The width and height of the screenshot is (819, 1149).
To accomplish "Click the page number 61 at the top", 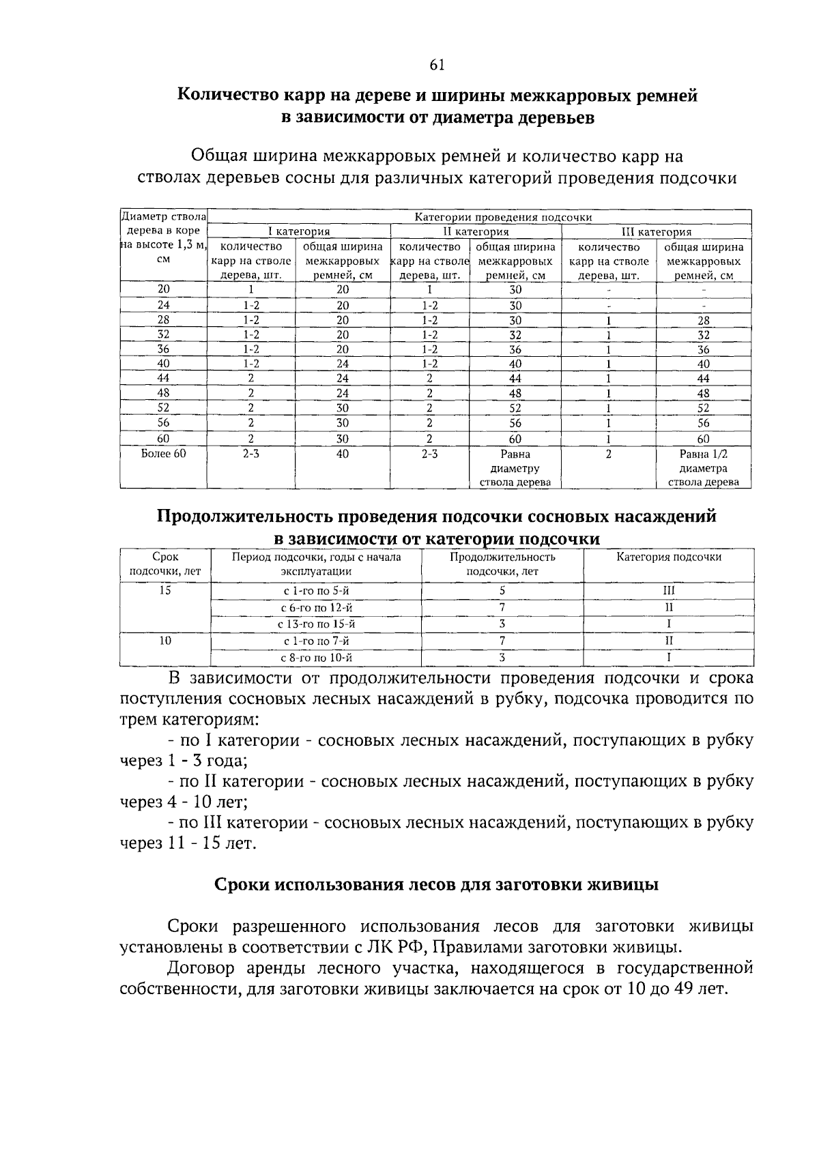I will (x=437, y=65).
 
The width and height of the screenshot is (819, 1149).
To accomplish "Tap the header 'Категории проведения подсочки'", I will (x=503, y=217).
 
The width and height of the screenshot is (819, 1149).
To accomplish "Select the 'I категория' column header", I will (x=298, y=232).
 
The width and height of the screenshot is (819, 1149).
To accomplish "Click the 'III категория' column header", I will (x=656, y=232).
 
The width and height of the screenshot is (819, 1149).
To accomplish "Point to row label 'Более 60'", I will (x=163, y=454).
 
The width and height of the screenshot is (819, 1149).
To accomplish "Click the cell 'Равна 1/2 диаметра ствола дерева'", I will (x=703, y=468).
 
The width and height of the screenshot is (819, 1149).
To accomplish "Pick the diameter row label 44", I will (x=163, y=378).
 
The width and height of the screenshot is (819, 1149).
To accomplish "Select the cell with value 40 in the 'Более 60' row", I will (x=343, y=454).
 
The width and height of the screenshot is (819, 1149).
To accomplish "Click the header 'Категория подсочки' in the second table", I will (x=669, y=557).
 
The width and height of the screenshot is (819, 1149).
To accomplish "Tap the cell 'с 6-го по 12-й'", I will (x=316, y=607).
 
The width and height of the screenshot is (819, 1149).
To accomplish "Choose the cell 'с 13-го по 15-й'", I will (x=316, y=624).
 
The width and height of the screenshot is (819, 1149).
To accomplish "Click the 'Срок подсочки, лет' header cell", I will (x=165, y=564).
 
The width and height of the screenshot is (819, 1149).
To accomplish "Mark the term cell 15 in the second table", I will (x=165, y=590).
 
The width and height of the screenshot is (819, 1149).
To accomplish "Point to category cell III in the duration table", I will (x=669, y=590).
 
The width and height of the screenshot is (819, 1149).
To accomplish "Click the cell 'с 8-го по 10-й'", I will (x=316, y=658).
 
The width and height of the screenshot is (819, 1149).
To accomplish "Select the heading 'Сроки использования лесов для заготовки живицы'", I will (x=437, y=885).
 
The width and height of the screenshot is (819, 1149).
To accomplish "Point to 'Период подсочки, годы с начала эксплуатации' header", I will (x=316, y=564).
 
